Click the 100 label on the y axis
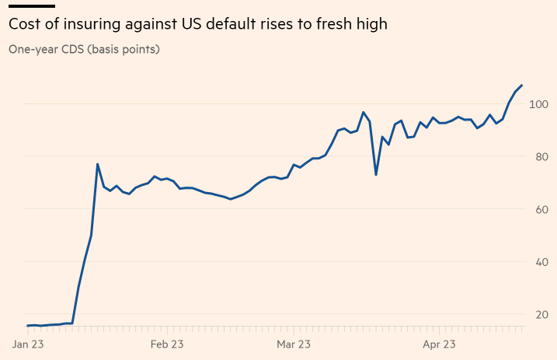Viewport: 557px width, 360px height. [x=538, y=104]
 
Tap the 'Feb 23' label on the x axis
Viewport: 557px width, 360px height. [x=167, y=343]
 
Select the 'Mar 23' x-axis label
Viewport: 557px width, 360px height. [x=294, y=343]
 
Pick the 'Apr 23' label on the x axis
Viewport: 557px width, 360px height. [x=439, y=343]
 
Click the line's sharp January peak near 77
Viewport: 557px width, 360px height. [x=97, y=164]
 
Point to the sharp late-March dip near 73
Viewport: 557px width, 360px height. [x=376, y=174]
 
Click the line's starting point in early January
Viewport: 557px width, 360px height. [x=28, y=326]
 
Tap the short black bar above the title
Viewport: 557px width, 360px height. [x=31, y=5]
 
